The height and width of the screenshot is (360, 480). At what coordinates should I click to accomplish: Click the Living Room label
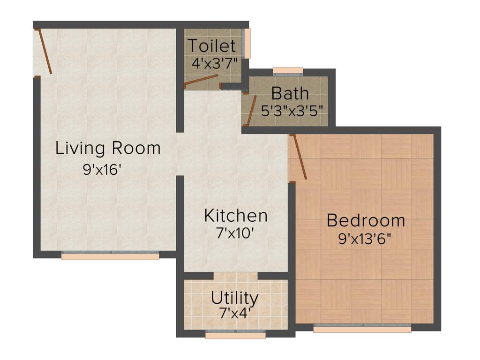point(108,148)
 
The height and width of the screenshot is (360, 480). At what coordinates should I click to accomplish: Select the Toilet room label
point(211,46)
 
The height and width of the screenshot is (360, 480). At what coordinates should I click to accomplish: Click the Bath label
point(290,93)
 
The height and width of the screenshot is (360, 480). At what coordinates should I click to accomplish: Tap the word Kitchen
point(236,216)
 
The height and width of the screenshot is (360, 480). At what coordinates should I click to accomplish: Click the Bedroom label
point(366,220)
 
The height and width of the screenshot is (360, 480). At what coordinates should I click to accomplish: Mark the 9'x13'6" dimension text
point(365,239)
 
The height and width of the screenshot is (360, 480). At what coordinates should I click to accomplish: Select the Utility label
point(234,298)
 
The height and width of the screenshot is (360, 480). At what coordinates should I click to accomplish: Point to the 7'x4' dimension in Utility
point(234,313)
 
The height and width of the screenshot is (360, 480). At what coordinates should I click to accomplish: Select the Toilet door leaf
point(201,81)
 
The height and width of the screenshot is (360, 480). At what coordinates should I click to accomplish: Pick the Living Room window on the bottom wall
point(110,255)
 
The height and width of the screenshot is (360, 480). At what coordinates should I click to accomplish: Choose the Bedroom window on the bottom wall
point(362,328)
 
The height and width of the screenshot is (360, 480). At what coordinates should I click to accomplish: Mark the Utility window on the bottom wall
point(235,335)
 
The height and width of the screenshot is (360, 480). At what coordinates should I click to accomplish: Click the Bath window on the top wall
point(288,71)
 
